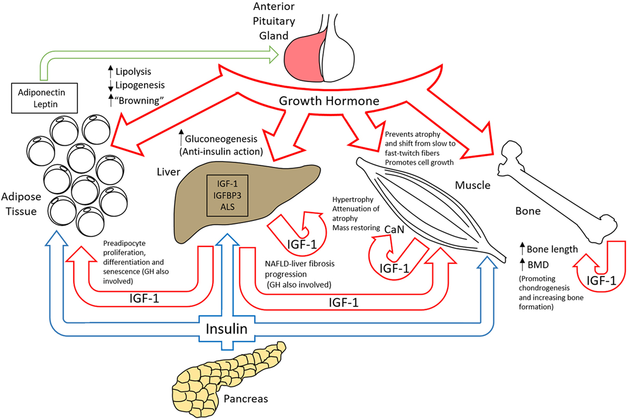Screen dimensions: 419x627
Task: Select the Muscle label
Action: coord(473,185)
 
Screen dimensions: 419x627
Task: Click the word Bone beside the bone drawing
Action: coord(532,212)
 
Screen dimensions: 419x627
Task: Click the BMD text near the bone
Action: coord(543,265)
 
